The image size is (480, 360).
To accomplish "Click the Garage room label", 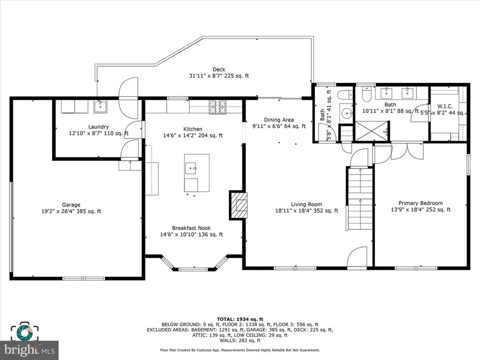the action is pyautogui.click(x=71, y=205).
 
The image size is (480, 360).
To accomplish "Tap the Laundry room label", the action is pyautogui.click(x=98, y=126).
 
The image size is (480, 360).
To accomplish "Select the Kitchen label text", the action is pyautogui.click(x=192, y=129).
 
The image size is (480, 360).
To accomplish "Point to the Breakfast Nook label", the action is pyautogui.click(x=191, y=228).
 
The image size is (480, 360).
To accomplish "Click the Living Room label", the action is pyautogui.click(x=306, y=204).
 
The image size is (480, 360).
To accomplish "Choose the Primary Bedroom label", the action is pyautogui.click(x=420, y=203).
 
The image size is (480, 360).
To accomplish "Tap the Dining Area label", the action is pyautogui.click(x=279, y=119).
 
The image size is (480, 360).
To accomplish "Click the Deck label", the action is pyautogui.click(x=219, y=69).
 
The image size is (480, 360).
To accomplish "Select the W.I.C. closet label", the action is pyautogui.click(x=445, y=106).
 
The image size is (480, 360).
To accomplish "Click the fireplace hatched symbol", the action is pyautogui.click(x=238, y=205).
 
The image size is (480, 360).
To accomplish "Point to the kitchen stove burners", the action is pyautogui.click(x=217, y=107).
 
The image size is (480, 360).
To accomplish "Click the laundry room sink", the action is pyautogui.click(x=100, y=107).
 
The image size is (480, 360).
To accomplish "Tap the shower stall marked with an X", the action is pyautogui.click(x=371, y=131).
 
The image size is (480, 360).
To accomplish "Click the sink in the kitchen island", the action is pyautogui.click(x=191, y=168).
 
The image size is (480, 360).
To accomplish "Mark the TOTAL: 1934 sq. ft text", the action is pyautogui.click(x=240, y=319).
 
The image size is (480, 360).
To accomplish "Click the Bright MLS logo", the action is pyautogui.click(x=29, y=349).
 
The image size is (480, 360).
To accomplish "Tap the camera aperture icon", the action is pyautogui.click(x=24, y=332).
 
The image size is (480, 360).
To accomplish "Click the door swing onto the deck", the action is pyautogui.click(x=128, y=98).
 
